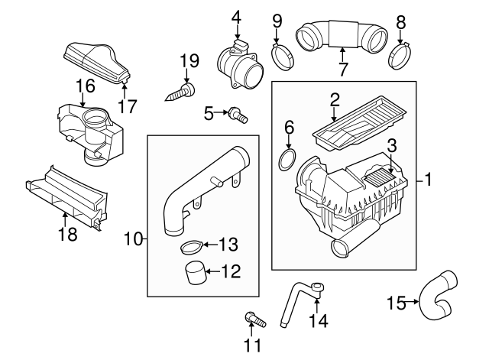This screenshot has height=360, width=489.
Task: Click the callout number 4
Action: [x=237, y=16]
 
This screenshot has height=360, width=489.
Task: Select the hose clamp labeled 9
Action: [x=284, y=54]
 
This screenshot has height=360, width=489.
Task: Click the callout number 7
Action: [x=343, y=70]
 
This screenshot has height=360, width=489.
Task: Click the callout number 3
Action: [x=390, y=145]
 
